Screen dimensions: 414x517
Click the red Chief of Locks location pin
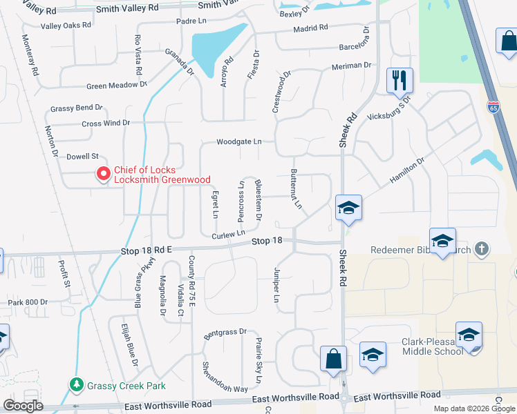pos(103,174)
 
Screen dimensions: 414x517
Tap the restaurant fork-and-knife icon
pos(399,81)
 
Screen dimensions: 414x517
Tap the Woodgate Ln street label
pos(238,141)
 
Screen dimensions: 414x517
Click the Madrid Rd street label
pos(310,28)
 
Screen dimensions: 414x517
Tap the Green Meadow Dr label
pos(117,86)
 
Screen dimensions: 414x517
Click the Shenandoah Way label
pos(225,378)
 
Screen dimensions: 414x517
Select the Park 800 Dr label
pos(28,302)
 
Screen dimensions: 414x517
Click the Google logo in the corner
pos(23,406)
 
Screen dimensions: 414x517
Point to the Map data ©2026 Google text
pos(474,408)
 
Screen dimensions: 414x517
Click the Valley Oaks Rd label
pos(66,26)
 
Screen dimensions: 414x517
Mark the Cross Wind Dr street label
pos(106,123)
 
